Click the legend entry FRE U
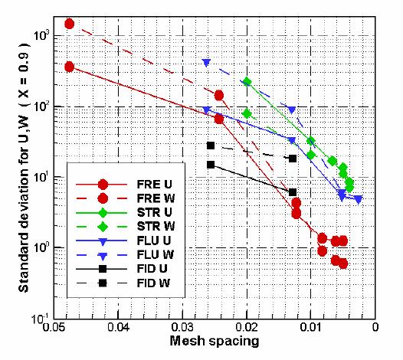pos(150,185)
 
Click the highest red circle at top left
pos(69,24)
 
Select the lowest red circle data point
pos(342,263)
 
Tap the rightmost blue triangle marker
pos(358,199)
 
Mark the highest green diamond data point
pos(247,81)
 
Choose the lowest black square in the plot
pos(293,191)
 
